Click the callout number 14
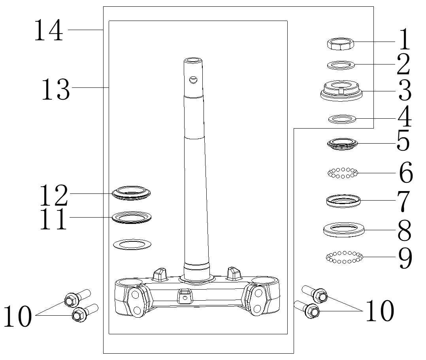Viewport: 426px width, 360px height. pyautogui.click(x=48, y=30)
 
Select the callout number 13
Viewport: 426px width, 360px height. pyautogui.click(x=56, y=89)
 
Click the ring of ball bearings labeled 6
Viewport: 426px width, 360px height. pyautogui.click(x=343, y=172)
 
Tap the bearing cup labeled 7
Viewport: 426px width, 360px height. pyautogui.click(x=343, y=200)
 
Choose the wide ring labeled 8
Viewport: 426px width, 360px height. pyautogui.click(x=343, y=229)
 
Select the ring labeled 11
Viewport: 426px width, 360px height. pyautogui.click(x=132, y=217)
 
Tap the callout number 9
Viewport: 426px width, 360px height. pyautogui.click(x=404, y=258)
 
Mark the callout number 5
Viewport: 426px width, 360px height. pyautogui.click(x=403, y=142)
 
